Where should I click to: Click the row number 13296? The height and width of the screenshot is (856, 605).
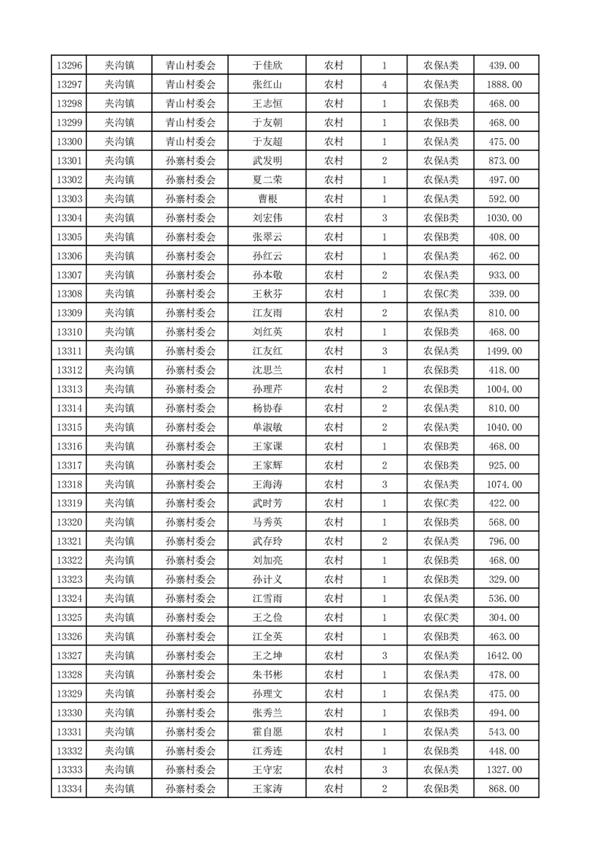tap(69, 66)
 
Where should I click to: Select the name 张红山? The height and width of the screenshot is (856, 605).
tap(267, 85)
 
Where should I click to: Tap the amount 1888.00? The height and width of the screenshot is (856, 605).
tap(504, 85)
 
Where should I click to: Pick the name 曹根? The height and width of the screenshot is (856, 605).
tap(267, 199)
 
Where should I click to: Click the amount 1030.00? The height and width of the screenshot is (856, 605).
tap(504, 218)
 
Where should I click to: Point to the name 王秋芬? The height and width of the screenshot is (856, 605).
tap(267, 294)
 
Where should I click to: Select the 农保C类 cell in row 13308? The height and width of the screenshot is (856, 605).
tap(441, 294)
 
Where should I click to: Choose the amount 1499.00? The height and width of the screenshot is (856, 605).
tap(504, 351)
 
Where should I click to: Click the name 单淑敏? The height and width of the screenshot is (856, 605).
tap(267, 427)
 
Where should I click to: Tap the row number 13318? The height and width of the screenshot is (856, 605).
tap(69, 484)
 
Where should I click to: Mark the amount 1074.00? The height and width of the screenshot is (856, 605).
tap(504, 484)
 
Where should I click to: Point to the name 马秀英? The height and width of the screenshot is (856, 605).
tap(267, 523)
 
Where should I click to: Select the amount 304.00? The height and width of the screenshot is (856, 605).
tap(504, 617)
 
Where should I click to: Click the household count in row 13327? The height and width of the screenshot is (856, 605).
tap(384, 655)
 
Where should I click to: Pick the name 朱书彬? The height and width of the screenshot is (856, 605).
tap(267, 674)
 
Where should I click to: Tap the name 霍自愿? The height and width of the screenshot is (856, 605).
tap(267, 732)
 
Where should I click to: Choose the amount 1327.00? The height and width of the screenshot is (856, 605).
tap(504, 770)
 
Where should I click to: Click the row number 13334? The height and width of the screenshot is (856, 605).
tap(69, 789)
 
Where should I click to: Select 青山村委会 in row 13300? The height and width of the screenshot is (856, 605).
tap(191, 142)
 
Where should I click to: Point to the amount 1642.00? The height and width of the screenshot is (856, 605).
tap(504, 655)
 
